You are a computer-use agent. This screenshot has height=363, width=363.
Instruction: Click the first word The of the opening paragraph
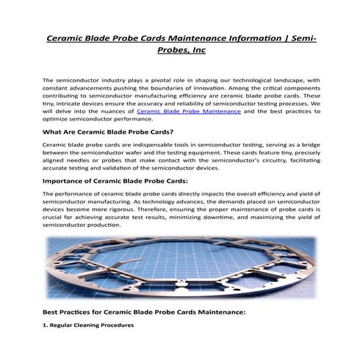tap(48, 79)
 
